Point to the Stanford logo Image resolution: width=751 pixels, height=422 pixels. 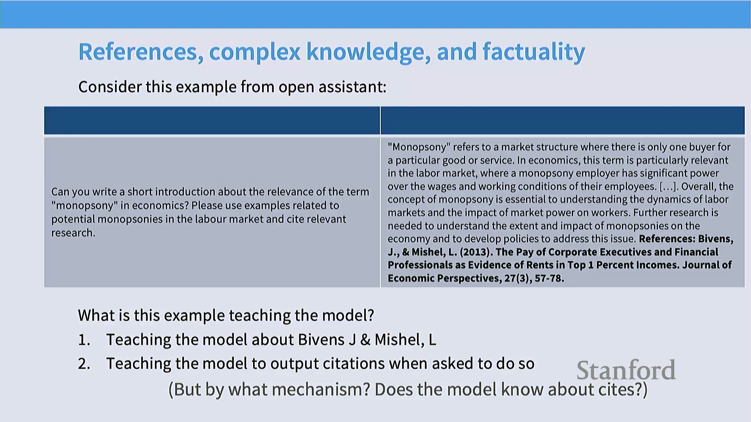(626, 370)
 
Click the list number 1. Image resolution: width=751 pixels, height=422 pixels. (84, 340)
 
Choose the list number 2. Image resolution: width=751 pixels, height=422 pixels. (84, 364)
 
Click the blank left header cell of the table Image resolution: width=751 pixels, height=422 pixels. (212, 120)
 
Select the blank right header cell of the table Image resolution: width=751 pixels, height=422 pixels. (562, 120)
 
